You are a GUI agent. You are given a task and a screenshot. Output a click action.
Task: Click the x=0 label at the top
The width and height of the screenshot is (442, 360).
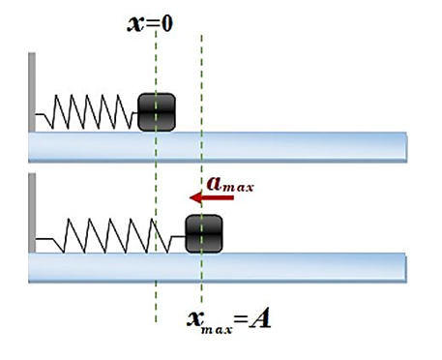[150, 23]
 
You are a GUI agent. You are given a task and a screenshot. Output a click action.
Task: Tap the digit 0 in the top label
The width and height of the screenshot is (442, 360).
[167, 23]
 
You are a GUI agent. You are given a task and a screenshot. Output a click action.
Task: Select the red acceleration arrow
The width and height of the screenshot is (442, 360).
[212, 197]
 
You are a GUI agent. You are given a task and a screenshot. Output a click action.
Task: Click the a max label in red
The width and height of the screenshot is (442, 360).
[230, 185]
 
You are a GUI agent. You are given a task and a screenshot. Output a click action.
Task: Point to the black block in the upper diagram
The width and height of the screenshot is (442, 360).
[157, 112]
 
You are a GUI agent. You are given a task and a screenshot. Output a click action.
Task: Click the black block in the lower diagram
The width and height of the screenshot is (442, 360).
[204, 233]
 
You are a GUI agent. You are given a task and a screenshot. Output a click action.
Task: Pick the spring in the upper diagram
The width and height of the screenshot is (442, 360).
[86, 111]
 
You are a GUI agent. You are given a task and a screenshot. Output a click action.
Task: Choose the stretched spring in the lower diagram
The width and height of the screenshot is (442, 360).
[110, 236]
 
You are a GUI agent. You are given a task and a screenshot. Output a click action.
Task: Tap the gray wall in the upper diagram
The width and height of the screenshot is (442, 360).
[32, 92]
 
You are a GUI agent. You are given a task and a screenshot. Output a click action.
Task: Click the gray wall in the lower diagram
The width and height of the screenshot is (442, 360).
[32, 213]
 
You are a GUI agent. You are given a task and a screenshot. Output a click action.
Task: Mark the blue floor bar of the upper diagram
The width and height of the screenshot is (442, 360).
[218, 147]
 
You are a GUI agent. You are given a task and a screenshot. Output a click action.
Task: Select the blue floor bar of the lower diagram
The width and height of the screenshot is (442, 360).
[218, 268]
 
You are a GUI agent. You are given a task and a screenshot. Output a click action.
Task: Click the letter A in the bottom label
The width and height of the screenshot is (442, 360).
[260, 319]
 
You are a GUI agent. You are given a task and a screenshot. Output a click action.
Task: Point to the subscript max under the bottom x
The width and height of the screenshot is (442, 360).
[217, 330]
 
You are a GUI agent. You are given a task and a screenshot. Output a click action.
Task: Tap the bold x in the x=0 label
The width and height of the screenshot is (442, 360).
[136, 24]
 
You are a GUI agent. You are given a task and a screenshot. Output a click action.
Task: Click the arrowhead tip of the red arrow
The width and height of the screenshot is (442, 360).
[190, 197]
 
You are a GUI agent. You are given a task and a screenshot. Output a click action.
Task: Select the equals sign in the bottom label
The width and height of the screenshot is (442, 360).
[241, 320]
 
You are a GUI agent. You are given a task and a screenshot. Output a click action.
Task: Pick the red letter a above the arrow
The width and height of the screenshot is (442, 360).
[214, 184]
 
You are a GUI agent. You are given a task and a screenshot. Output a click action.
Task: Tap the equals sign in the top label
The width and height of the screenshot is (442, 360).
[153, 24]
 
